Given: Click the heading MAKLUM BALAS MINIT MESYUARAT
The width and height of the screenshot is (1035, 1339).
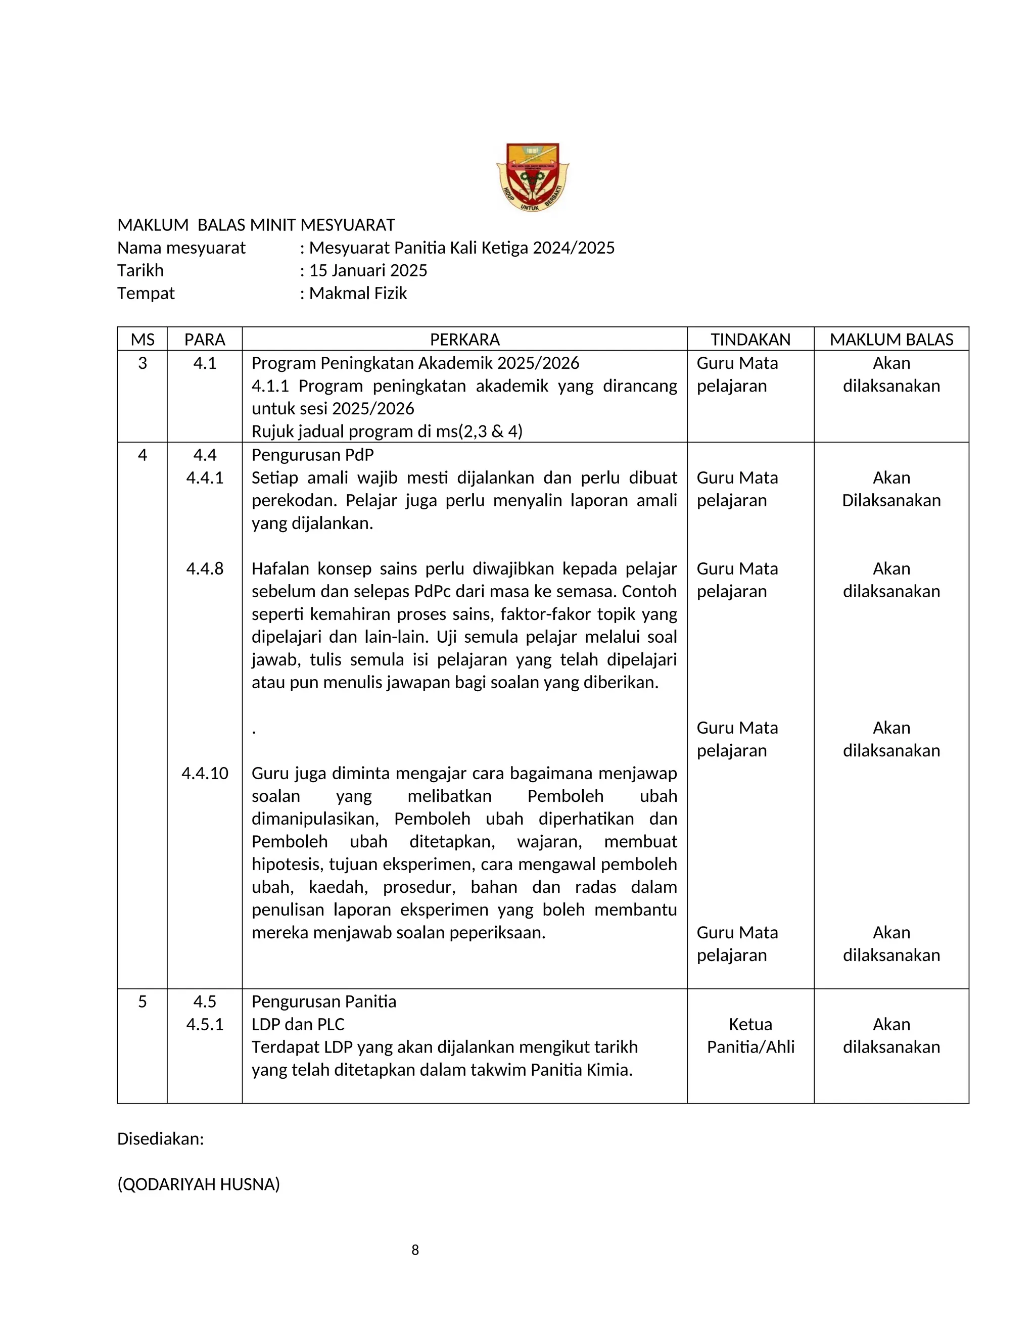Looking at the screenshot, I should tap(256, 225).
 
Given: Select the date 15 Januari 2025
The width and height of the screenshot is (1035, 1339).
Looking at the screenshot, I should tap(368, 270).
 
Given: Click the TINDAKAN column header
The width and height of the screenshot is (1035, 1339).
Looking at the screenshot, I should tap(750, 339).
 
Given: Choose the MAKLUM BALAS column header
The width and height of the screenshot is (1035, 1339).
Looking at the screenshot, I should tap(891, 339).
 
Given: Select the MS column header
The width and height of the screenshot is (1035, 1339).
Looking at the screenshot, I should tap(142, 339).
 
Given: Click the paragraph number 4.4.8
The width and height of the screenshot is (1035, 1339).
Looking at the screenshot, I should tap(205, 568).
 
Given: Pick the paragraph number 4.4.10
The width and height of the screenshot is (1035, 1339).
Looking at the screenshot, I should tap(205, 773).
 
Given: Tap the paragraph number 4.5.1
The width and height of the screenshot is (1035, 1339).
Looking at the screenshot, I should tap(205, 1025).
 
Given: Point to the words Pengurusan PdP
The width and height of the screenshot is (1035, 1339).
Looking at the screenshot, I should tap(312, 455).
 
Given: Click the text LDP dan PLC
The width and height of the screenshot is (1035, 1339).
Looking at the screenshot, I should tap(298, 1025).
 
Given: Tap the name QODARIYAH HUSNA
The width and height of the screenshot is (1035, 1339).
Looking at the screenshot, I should tap(199, 1184).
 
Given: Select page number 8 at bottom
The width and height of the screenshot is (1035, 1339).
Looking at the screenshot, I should tap(415, 1250).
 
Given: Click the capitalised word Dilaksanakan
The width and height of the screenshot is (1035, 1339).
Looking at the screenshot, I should tap(891, 500).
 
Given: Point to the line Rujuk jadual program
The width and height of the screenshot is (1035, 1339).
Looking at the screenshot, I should tap(386, 432).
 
